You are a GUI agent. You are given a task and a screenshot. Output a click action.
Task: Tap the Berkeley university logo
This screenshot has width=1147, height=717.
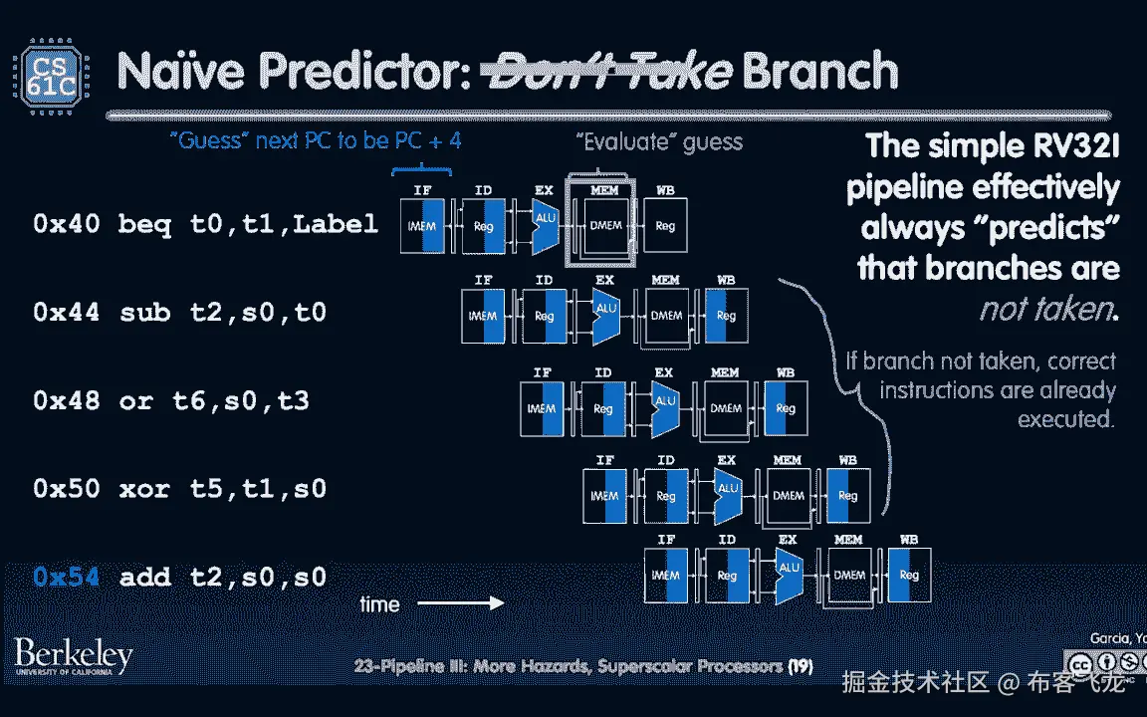[73, 657]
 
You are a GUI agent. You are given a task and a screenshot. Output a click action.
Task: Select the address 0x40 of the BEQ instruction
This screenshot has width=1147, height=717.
[66, 225]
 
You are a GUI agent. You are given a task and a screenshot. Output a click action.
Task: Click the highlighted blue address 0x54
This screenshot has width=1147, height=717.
[66, 577]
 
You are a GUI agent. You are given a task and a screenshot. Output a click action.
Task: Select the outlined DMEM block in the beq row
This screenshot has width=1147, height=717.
[604, 226]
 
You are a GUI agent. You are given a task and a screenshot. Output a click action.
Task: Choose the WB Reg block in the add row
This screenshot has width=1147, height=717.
[908, 575]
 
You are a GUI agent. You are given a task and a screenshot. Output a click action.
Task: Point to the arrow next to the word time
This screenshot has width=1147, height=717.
[459, 603]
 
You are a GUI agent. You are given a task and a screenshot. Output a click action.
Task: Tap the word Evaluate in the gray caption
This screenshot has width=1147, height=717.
[623, 141]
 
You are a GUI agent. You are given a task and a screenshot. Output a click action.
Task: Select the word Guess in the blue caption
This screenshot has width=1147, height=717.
[211, 141]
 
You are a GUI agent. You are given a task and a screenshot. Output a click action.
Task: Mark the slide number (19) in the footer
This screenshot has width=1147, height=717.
[802, 666]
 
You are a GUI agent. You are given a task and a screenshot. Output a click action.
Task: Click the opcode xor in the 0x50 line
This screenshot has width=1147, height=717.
[146, 489]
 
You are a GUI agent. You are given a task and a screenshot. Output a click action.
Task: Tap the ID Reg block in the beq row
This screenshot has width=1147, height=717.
[483, 226]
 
